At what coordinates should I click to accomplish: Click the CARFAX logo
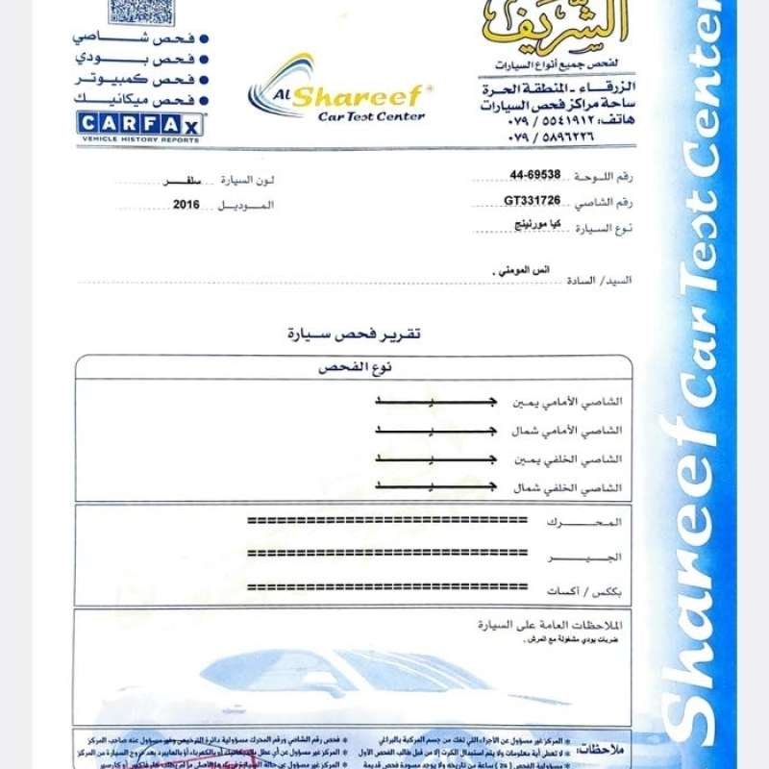click(140, 124)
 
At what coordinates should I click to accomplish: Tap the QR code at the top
click(142, 12)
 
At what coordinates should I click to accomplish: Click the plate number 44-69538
click(535, 175)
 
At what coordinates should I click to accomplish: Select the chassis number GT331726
click(532, 200)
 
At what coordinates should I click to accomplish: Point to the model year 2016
click(186, 205)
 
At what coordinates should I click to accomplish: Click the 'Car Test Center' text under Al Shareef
click(371, 116)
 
